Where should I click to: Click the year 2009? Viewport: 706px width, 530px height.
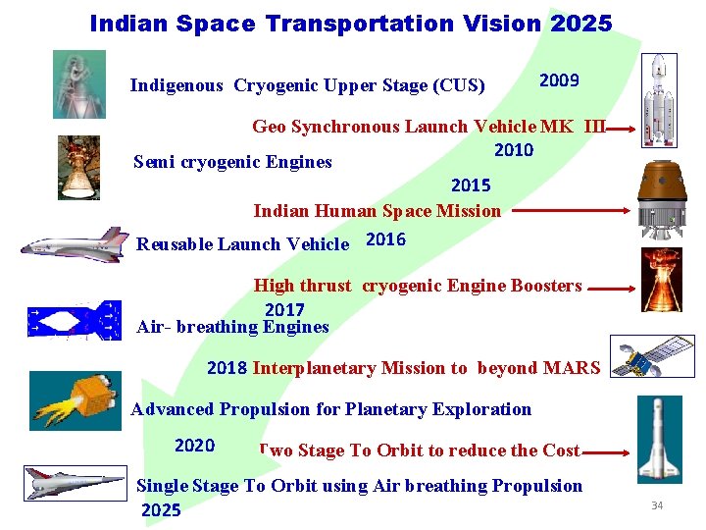click(559, 80)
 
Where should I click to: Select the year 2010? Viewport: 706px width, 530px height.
click(514, 150)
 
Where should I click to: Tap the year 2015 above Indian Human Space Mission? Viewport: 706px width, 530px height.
click(471, 185)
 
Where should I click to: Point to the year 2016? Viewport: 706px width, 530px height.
click(385, 240)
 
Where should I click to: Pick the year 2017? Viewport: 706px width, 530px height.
click(284, 310)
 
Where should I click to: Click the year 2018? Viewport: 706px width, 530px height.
click(227, 368)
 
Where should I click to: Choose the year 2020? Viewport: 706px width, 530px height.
click(194, 446)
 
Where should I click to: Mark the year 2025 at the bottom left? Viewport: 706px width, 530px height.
click(162, 510)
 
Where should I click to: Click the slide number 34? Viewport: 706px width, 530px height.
click(657, 505)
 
